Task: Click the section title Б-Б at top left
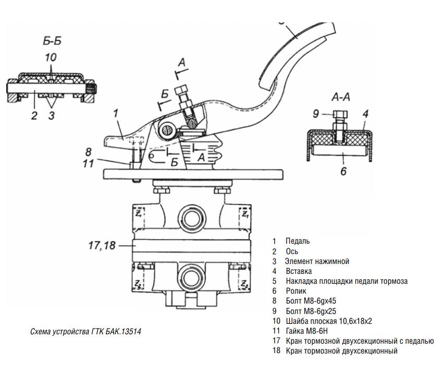[51, 41]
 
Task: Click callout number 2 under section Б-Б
[34, 116]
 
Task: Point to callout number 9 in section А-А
[316, 113]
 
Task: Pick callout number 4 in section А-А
[366, 113]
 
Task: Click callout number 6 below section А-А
[343, 170]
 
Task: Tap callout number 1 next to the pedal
[116, 112]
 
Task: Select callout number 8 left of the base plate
[89, 152]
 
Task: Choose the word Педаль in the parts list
[298, 241]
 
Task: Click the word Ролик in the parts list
[296, 291]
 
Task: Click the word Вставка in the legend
[299, 271]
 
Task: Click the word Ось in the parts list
[292, 251]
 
